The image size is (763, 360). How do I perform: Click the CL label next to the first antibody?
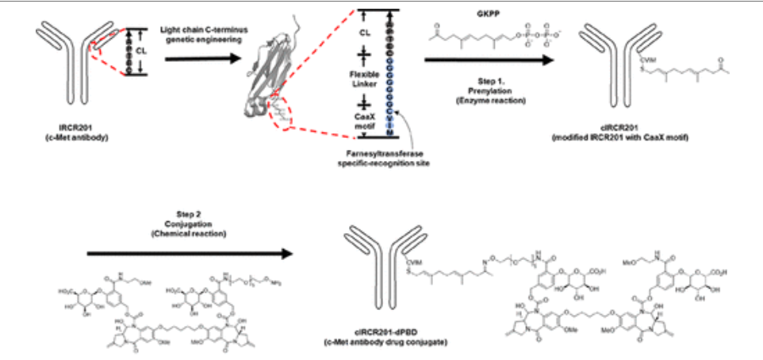click(145, 50)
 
